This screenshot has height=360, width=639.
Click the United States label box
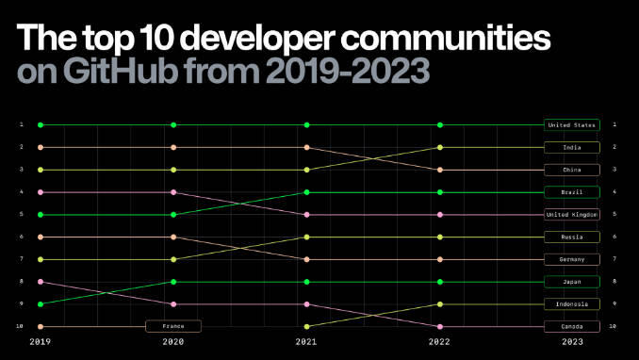click(x=572, y=125)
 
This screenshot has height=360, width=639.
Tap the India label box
click(x=572, y=148)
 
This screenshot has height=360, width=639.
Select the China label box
click(x=572, y=170)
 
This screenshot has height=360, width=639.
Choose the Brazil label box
click(x=572, y=192)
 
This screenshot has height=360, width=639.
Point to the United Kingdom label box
click(x=572, y=215)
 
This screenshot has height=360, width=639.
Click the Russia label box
click(x=572, y=237)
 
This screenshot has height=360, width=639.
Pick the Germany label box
click(x=572, y=259)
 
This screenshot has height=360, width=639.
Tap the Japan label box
click(x=572, y=282)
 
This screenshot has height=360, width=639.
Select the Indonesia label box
click(x=572, y=304)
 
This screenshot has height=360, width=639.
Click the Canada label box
click(x=572, y=327)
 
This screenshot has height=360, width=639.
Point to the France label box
click(x=173, y=326)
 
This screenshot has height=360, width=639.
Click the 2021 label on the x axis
click(x=306, y=342)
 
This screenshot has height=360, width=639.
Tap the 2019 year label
click(x=40, y=342)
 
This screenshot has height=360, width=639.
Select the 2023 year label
click(x=572, y=342)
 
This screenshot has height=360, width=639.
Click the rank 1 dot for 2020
click(x=173, y=125)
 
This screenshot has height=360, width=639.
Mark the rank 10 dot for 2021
click(x=307, y=327)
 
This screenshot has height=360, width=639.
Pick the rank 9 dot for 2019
click(x=41, y=304)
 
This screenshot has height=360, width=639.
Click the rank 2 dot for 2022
click(x=440, y=148)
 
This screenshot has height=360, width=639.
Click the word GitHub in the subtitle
click(x=121, y=71)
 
